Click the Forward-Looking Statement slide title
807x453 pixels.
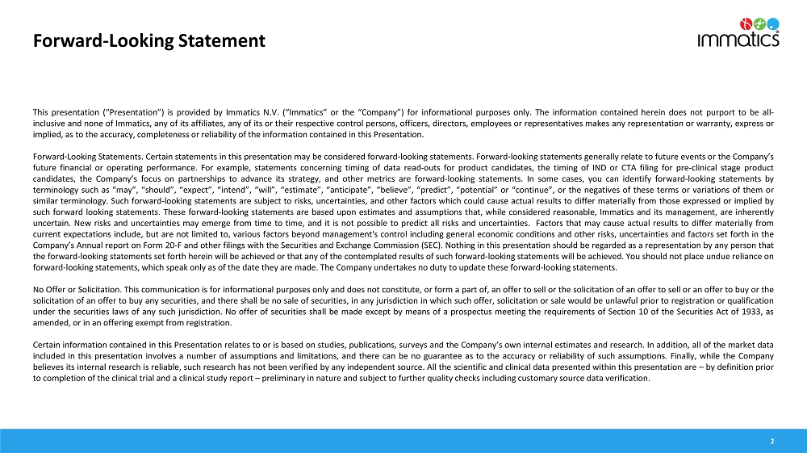(x=148, y=40)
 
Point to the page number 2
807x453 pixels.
(x=772, y=441)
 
